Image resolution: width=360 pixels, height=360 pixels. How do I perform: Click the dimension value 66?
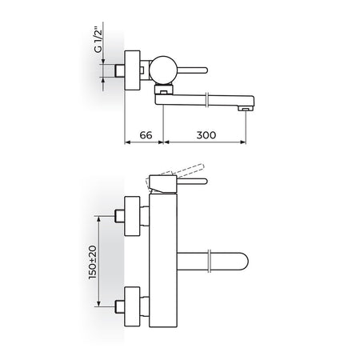tap(146, 135)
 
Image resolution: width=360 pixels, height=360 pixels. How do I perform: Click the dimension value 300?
tap(206, 135)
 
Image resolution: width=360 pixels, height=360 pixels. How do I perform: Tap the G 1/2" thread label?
tap(98, 41)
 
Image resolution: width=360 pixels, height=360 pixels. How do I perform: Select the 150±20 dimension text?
tap(93, 262)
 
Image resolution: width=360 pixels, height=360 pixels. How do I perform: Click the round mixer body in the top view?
tap(162, 70)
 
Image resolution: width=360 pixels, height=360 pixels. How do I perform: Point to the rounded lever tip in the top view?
tap(205, 70)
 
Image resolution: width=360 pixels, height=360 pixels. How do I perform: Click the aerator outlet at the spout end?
tap(246, 109)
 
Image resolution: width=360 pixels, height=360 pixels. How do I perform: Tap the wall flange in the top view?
tap(132, 70)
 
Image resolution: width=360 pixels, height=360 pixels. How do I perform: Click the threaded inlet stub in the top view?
tap(120, 70)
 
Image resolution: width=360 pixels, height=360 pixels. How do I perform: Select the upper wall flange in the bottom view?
tap(132, 216)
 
